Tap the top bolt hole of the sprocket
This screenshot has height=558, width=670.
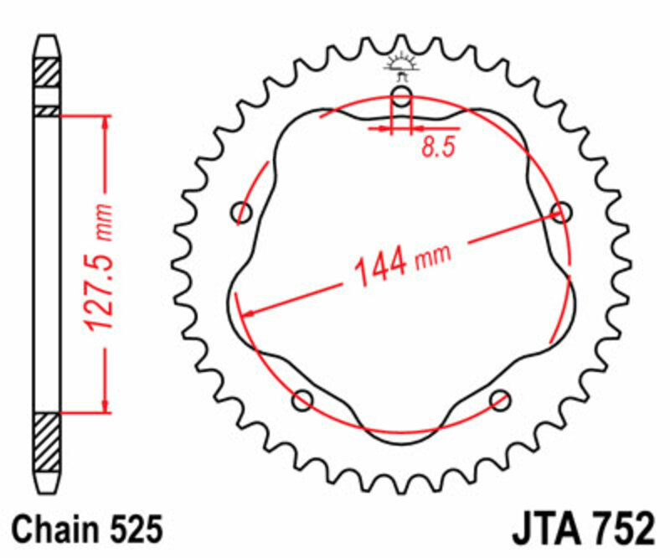tap(402, 97)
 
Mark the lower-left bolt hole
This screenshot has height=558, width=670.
tap(302, 400)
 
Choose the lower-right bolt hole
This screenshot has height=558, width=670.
tap(500, 399)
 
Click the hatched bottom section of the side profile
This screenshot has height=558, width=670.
tap(47, 442)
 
